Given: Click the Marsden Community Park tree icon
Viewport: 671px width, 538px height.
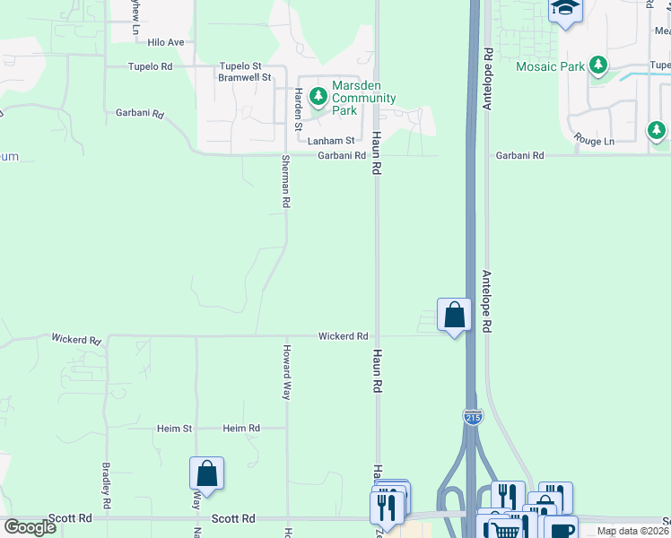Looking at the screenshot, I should coord(318,95).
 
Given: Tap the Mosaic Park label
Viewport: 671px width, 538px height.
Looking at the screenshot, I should coord(551,66).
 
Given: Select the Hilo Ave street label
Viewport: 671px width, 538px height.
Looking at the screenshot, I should coord(166,42).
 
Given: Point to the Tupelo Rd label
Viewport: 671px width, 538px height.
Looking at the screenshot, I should coord(150,66).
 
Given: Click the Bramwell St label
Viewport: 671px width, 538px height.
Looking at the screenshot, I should coord(239,78).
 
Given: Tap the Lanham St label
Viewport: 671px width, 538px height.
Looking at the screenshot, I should coord(331,141).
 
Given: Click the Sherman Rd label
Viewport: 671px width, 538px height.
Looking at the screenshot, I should coord(285,182).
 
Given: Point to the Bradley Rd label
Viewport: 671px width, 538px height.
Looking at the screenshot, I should coord(106,485).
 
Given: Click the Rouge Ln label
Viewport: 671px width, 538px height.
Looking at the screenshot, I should coord(596,141).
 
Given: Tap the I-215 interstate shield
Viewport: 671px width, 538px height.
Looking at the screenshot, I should coord(474,416).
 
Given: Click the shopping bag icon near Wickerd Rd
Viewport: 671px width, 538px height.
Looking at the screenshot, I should coord(454,315).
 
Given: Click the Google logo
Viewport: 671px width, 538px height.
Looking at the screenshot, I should coord(29,527).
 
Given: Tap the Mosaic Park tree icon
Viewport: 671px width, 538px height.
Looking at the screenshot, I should coord(597,65).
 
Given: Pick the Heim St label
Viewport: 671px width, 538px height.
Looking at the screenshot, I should coord(175,429).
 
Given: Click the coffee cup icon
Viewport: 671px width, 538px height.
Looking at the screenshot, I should coord(562,529).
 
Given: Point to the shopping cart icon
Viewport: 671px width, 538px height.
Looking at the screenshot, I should coord(505,530).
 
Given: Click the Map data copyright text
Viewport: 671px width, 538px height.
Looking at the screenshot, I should coord(633,531).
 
